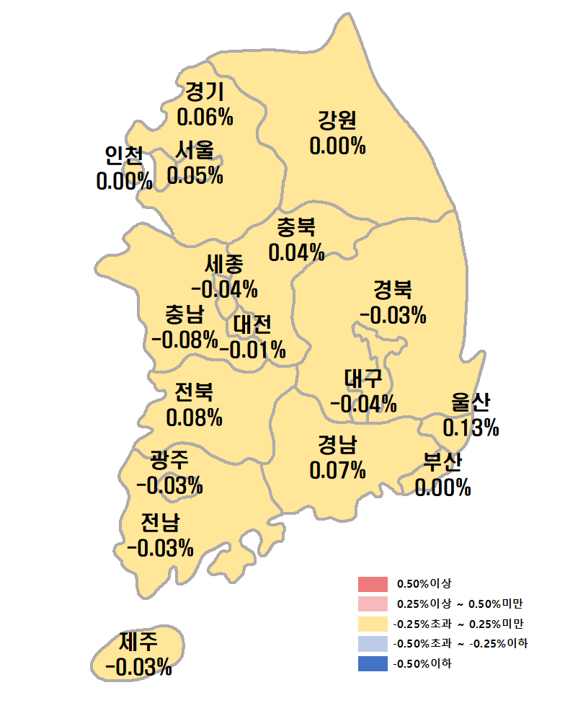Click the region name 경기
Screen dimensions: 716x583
(205, 92)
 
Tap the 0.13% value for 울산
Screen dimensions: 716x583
(471, 428)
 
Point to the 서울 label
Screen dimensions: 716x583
(195, 151)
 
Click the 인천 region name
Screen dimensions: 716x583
(124, 156)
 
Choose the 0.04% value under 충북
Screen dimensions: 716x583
(296, 252)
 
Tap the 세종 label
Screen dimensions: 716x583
(224, 265)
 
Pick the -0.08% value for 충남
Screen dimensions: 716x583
(184, 339)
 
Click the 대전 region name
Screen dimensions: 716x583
(252, 324)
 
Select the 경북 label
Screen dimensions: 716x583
(393, 291)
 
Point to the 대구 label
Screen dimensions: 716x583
(363, 378)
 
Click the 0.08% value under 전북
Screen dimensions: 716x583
(195, 417)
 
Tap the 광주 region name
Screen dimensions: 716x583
(169, 459)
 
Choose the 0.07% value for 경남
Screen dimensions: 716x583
(338, 470)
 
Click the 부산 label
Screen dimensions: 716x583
(442, 462)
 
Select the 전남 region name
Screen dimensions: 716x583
(161, 522)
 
